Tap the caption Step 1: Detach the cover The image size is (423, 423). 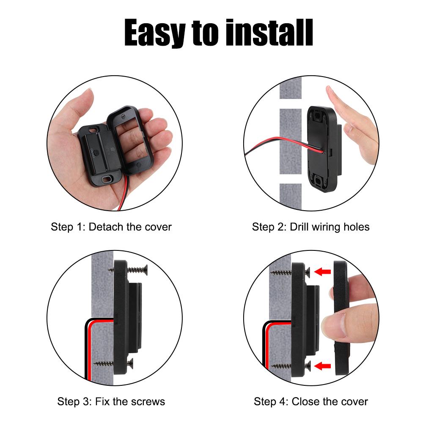click(111, 227)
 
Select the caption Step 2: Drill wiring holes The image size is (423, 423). click(310, 227)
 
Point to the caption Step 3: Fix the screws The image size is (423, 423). click(111, 401)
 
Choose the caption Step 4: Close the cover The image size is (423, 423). click(310, 401)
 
